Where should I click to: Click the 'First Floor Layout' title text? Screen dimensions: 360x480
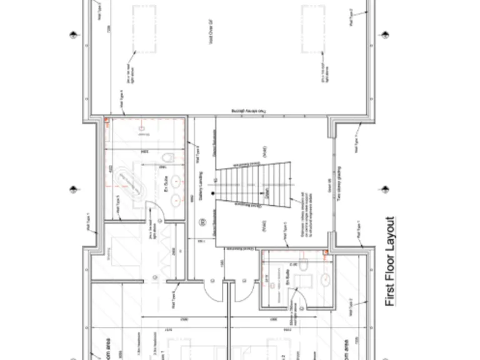point(390,261)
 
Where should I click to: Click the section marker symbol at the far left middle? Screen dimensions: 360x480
point(74,188)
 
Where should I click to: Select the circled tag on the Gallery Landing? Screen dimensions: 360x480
point(202,222)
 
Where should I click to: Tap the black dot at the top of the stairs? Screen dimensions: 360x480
point(213,194)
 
